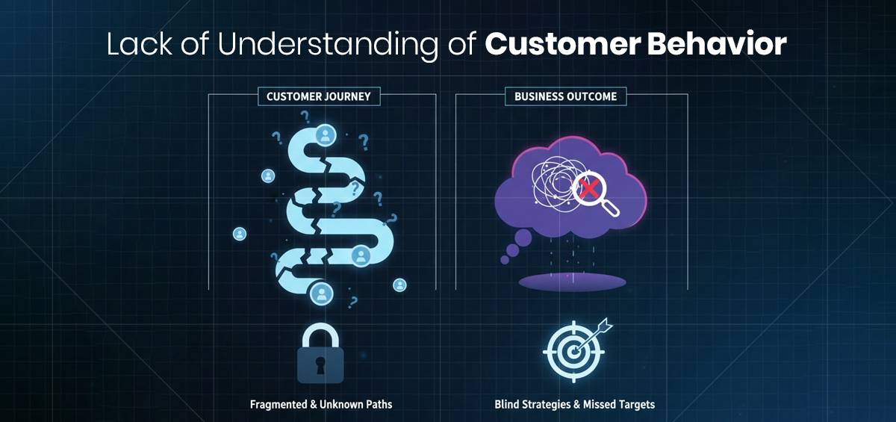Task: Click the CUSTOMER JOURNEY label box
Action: coord(318,96)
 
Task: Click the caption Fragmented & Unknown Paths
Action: coord(320,404)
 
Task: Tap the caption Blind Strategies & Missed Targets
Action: coord(574,404)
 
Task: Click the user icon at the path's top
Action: coord(325,135)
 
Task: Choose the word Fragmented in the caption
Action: coord(278,404)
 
